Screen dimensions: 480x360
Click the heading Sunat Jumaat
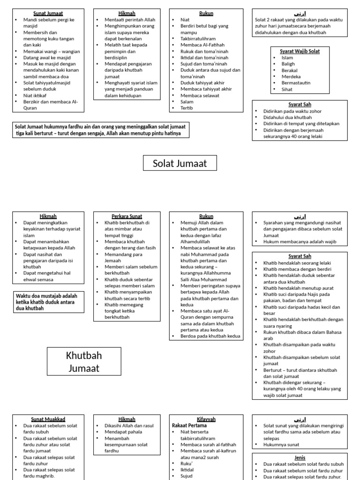pyautogui.click(x=48, y=14)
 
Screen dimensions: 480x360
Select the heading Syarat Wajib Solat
pyautogui.click(x=300, y=51)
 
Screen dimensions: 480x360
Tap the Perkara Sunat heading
pyautogui.click(x=124, y=217)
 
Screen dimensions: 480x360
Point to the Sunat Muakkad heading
pyautogui.click(x=48, y=419)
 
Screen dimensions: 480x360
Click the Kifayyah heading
pyautogui.click(x=206, y=419)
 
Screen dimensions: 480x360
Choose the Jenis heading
pyautogui.click(x=300, y=457)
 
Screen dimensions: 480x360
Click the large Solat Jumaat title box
pyautogui.click(x=180, y=164)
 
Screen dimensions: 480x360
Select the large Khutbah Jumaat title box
pyautogui.click(x=84, y=362)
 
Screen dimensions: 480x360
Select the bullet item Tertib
pyautogui.click(x=187, y=108)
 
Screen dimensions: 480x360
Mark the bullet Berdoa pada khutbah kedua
pyautogui.click(x=210, y=336)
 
